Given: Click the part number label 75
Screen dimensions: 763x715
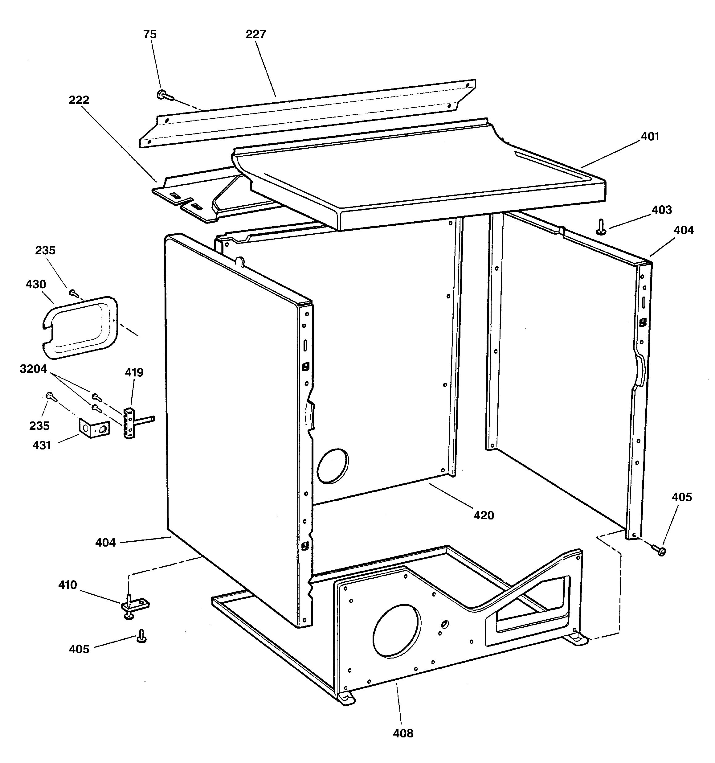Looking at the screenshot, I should click(x=150, y=35).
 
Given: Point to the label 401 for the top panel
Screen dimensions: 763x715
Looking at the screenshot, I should click(x=649, y=136).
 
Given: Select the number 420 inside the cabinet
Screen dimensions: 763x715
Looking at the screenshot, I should click(x=483, y=515).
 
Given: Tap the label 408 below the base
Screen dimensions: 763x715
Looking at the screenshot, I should click(x=403, y=733).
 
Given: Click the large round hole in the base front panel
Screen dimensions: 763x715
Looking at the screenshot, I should click(x=396, y=630).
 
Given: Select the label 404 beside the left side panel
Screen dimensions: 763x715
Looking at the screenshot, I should click(x=105, y=542).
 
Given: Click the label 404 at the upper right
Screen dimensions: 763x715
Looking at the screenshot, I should click(x=684, y=230).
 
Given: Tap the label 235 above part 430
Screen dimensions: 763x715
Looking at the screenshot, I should click(x=45, y=250).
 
